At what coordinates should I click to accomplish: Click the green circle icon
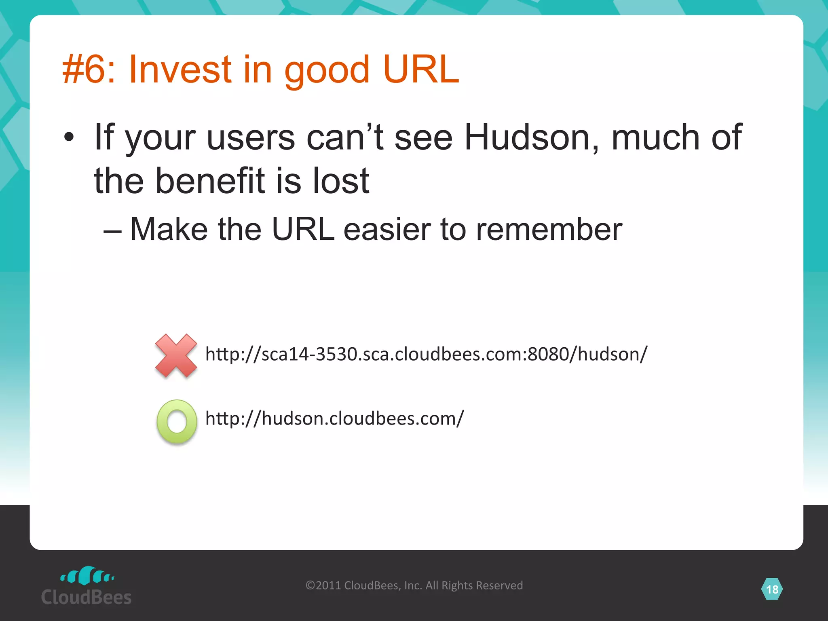(x=177, y=422)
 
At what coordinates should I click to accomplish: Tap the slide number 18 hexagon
(x=772, y=589)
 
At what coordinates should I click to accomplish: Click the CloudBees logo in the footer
(x=87, y=587)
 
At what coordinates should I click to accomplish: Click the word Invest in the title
(x=180, y=70)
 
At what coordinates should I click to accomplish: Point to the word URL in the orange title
(x=420, y=70)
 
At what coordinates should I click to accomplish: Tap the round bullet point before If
(x=69, y=137)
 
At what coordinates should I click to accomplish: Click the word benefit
(x=210, y=181)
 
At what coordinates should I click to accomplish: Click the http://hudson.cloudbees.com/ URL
(x=335, y=418)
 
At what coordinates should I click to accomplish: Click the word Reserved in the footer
(x=501, y=585)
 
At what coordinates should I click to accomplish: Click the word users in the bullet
(x=251, y=137)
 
